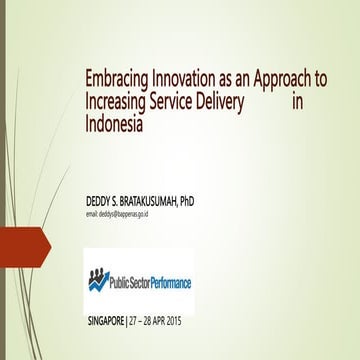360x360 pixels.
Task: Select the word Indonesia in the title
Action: pyautogui.click(x=114, y=126)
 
